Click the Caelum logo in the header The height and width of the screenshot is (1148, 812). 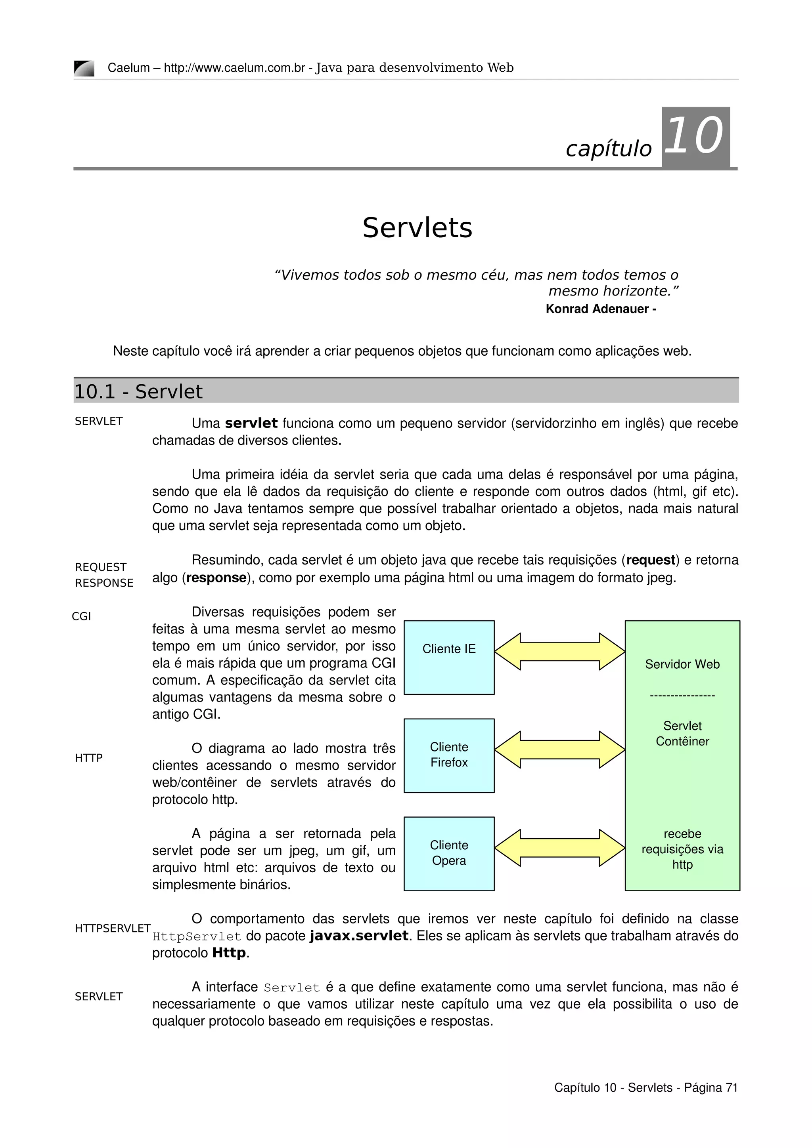[84, 68]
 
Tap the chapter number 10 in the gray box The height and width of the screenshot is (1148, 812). [695, 135]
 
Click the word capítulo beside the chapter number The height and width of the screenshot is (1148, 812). [609, 149]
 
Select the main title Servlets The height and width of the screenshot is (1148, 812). [417, 228]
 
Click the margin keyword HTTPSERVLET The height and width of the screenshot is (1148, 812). [113, 929]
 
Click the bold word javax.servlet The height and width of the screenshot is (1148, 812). [359, 936]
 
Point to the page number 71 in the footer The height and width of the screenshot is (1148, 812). [732, 1087]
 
